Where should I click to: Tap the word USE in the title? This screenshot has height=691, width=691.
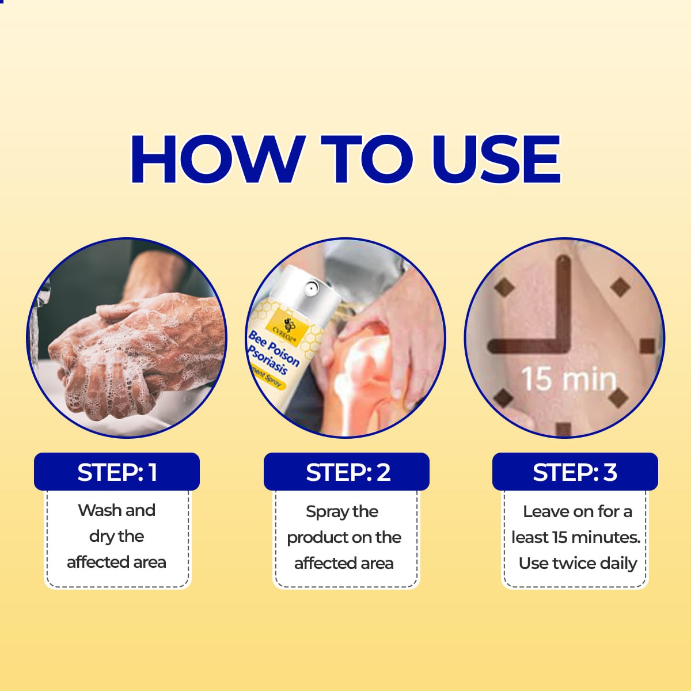tap(495, 160)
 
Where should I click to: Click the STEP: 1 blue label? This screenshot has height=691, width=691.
tap(117, 472)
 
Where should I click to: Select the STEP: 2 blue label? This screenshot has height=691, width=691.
tap(347, 472)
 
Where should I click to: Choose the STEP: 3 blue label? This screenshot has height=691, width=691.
tap(575, 472)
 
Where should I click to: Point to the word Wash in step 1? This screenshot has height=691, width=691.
tap(99, 510)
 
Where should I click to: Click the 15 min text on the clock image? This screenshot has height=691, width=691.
tap(568, 379)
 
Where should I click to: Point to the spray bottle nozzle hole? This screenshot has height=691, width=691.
tap(312, 284)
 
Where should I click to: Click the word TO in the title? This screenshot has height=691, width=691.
tap(369, 160)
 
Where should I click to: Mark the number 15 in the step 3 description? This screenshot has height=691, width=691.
tap(559, 537)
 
